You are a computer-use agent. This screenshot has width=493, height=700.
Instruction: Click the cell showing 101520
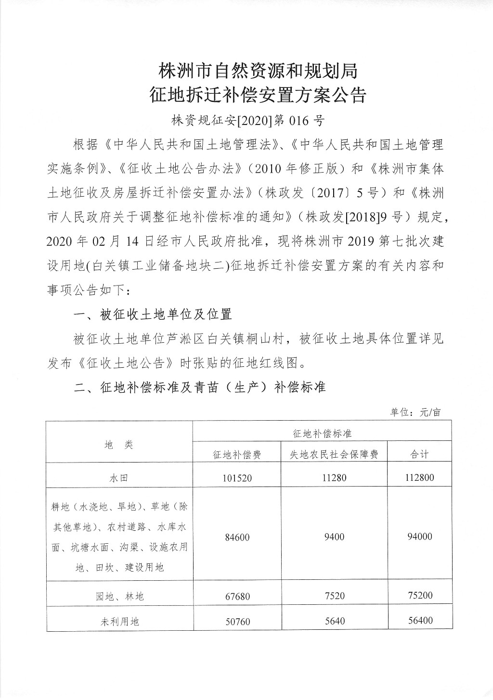click(x=237, y=478)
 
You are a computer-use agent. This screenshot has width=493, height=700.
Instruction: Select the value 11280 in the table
click(x=334, y=477)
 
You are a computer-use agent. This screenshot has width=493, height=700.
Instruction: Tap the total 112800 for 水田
click(x=419, y=477)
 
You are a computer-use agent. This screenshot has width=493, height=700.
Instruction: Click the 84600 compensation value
click(x=237, y=537)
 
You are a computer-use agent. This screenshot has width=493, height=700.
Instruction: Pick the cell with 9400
click(x=334, y=537)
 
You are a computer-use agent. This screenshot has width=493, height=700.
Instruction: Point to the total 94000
click(x=419, y=537)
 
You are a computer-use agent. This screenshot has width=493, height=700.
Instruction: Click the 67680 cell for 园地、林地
click(x=237, y=596)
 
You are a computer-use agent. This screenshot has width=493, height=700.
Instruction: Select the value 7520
click(x=334, y=596)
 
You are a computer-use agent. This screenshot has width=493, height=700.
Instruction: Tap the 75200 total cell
click(x=419, y=595)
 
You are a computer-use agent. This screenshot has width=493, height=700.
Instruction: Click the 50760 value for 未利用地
click(x=237, y=621)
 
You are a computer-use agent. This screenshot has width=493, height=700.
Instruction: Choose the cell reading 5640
click(x=334, y=621)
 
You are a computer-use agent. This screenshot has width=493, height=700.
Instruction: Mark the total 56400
click(x=419, y=620)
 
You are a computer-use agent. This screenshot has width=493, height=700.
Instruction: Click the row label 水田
click(x=119, y=478)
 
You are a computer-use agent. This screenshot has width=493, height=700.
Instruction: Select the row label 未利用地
click(x=119, y=621)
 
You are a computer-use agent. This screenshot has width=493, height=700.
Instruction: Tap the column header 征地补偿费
click(x=237, y=454)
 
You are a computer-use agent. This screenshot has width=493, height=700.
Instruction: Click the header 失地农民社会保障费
click(x=334, y=454)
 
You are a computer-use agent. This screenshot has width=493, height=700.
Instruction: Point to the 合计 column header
click(x=419, y=454)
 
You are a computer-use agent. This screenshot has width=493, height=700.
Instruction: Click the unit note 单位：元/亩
click(x=415, y=412)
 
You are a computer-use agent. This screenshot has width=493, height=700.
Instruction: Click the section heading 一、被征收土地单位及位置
click(x=153, y=314)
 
